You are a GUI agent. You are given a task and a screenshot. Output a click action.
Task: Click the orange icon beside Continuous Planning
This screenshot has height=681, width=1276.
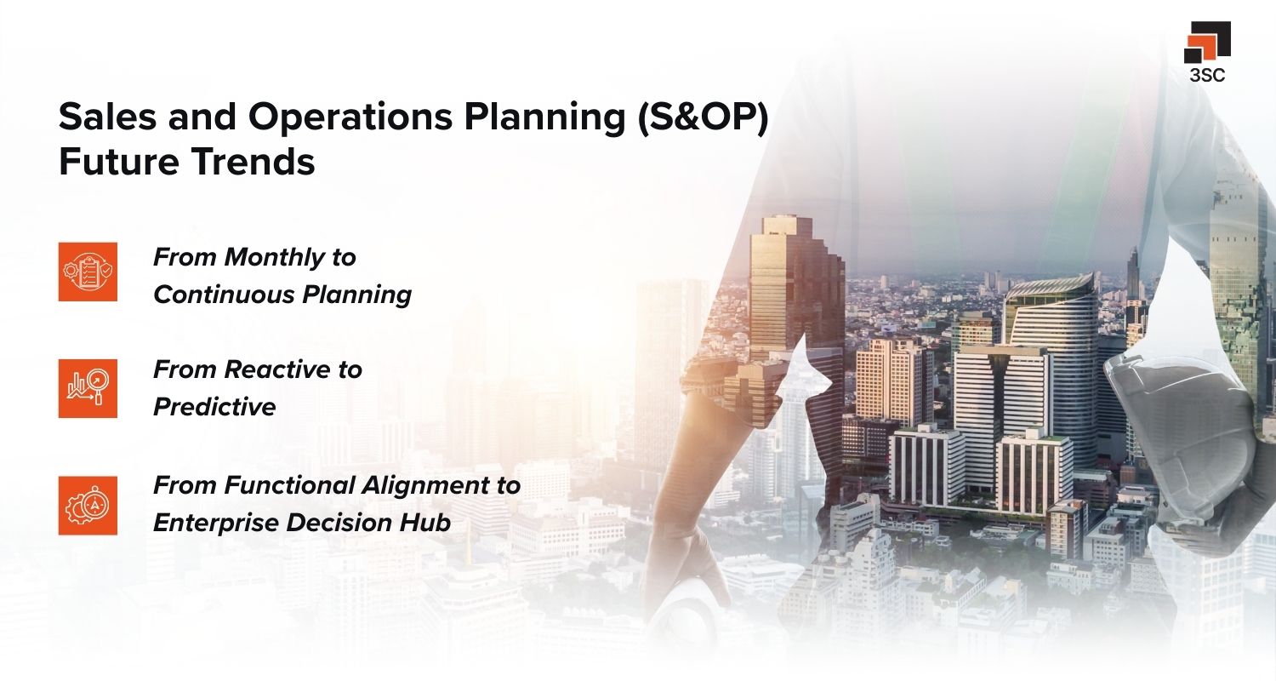click(x=88, y=272)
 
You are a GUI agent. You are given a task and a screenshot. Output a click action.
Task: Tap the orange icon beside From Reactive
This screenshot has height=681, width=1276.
click(x=88, y=388)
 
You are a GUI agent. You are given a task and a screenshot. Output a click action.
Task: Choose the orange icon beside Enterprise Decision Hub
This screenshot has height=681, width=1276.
click(x=88, y=505)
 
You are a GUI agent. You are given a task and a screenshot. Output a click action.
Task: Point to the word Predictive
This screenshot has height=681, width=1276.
click(x=214, y=407)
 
